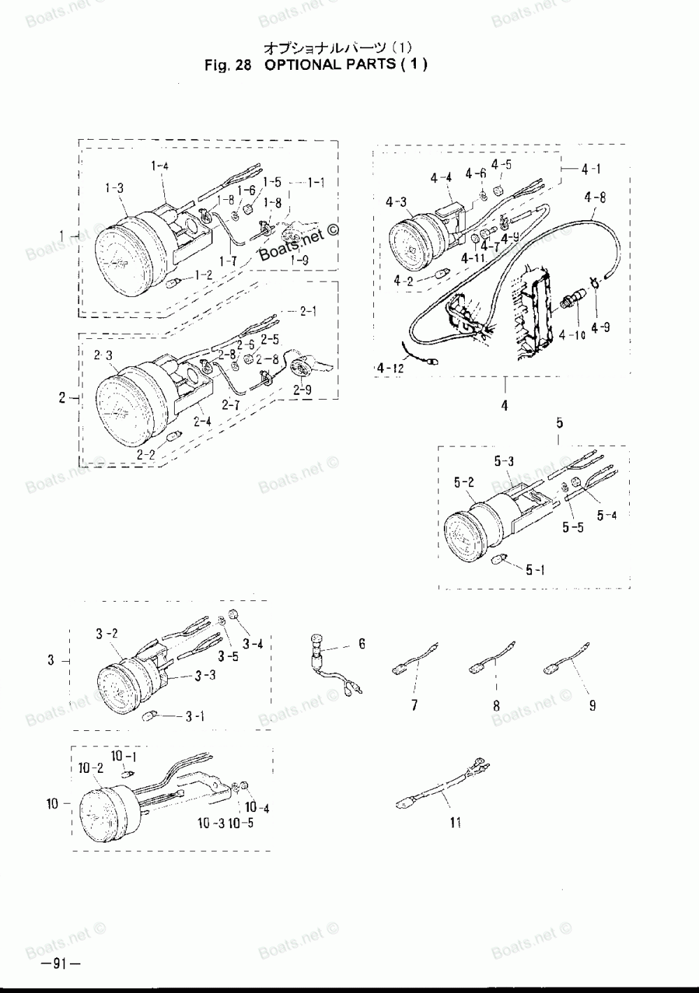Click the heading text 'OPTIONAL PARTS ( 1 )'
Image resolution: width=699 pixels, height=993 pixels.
pos(346,65)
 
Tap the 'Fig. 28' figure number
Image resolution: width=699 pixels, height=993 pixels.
pos(226,65)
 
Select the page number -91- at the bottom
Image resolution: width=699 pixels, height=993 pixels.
pos(62,965)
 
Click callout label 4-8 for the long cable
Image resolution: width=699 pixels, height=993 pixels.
pos(595,197)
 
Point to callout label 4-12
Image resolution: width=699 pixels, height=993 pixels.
pos(389,367)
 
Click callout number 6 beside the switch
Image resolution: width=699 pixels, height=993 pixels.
pos(362,644)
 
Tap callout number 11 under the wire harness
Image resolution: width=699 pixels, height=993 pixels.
pos(455,823)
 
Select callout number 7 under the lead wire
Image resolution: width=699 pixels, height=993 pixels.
pos(415,706)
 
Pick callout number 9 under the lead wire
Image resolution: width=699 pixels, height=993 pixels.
pos(592,706)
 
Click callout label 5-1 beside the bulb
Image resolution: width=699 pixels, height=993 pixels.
pos(535,570)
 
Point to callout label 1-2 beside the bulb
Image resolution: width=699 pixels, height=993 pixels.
pos(203,275)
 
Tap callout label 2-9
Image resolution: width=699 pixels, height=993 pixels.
pos(303,390)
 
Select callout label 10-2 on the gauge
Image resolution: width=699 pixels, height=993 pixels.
pos(91,768)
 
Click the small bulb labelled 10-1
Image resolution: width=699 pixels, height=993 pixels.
pos(127,774)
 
